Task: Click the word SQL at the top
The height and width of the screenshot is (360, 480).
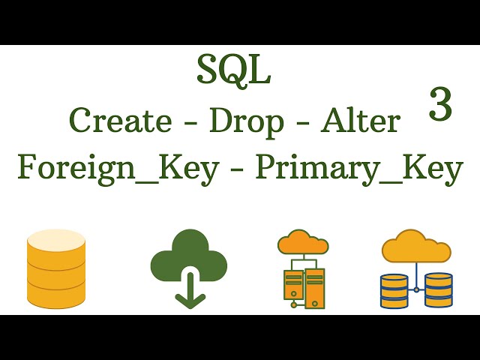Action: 233,70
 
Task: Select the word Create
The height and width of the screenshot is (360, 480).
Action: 121,121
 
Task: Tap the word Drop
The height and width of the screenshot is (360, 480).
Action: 247,121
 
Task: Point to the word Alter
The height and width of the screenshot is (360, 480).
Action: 360,121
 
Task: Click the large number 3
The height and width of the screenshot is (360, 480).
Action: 441,105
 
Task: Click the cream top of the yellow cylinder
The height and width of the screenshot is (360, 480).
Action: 56,241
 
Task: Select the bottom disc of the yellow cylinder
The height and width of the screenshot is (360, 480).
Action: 56,294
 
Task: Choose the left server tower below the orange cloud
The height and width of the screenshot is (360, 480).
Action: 293,286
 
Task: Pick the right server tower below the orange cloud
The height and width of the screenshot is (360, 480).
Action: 314,288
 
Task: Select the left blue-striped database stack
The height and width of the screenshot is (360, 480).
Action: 394,291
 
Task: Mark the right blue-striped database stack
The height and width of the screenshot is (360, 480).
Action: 439,291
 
